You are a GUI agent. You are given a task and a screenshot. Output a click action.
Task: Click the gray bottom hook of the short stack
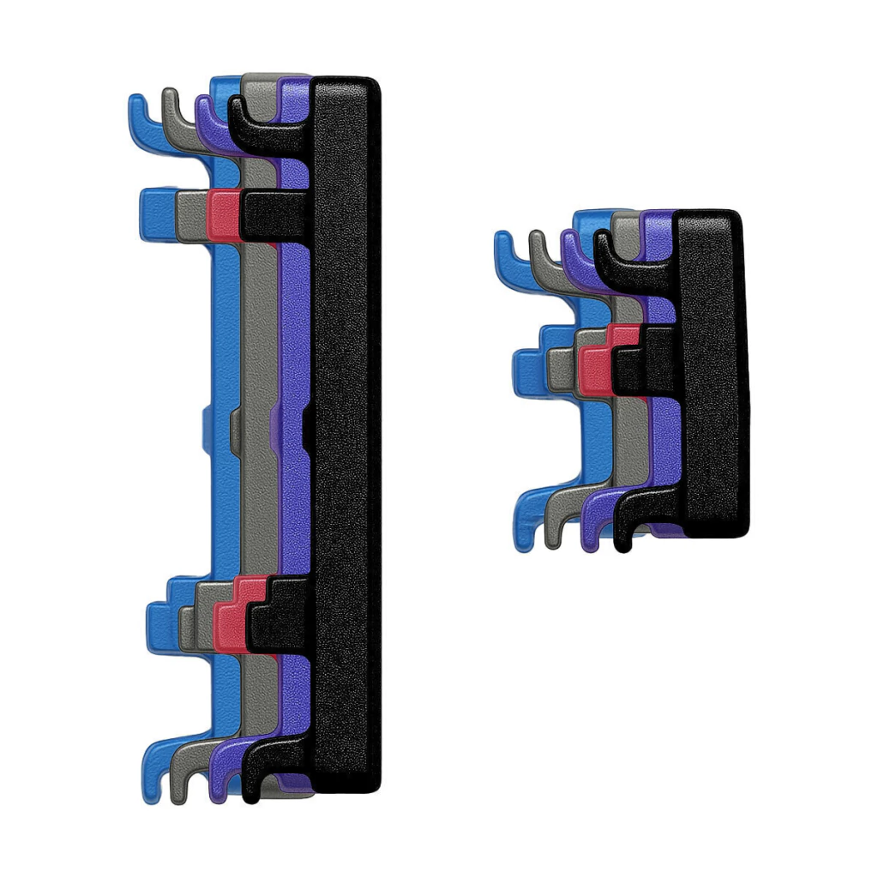pyautogui.click(x=554, y=523)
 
